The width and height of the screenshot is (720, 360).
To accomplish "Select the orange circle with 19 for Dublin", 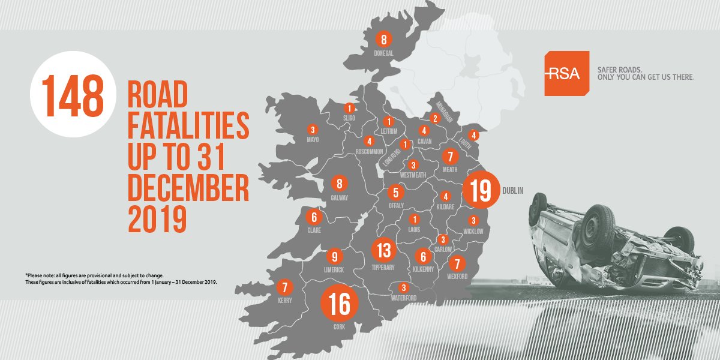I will pyautogui.click(x=481, y=190).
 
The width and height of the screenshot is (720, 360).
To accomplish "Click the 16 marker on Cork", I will pyautogui.click(x=340, y=305).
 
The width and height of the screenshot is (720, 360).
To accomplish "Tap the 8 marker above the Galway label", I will pyautogui.click(x=340, y=184).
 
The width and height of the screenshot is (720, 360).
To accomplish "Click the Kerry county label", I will pyautogui.click(x=284, y=301).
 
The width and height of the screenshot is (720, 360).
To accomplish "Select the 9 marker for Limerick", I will pyautogui.click(x=335, y=255).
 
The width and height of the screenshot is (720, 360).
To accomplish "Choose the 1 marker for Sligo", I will pyautogui.click(x=349, y=108).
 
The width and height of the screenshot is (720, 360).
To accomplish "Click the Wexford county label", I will pyautogui.click(x=457, y=277).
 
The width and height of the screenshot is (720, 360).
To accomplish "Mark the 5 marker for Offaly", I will pyautogui.click(x=395, y=193).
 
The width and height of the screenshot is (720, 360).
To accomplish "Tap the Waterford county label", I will pyautogui.click(x=403, y=298).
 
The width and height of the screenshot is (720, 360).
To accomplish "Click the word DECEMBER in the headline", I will pyautogui.click(x=188, y=188).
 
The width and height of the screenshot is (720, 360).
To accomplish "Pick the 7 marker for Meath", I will pyautogui.click(x=449, y=156).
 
